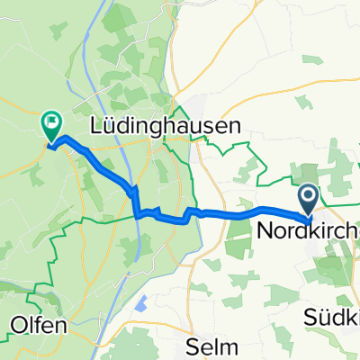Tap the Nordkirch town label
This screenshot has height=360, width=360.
[308, 231]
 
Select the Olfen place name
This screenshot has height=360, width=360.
[39, 326]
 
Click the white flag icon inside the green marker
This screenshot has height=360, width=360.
[50, 120]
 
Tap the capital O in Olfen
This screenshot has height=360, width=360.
[18, 326]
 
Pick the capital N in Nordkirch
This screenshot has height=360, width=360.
[265, 231]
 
